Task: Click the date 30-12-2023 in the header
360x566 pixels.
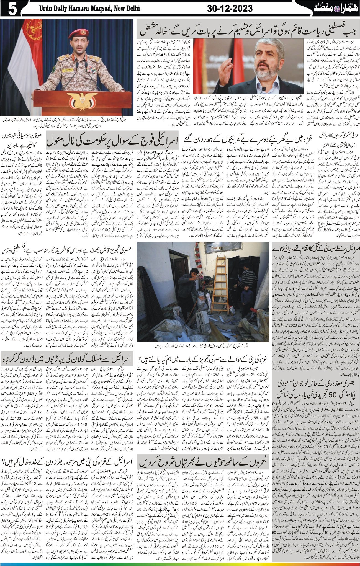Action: click(230, 9)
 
